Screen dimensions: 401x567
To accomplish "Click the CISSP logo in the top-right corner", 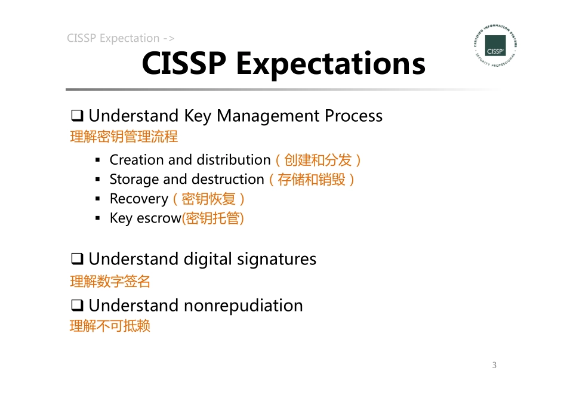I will coord(495,46).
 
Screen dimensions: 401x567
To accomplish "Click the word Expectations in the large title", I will coord(331,64).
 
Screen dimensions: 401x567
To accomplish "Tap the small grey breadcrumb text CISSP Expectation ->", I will coord(121,38).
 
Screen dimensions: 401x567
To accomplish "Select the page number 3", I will coord(494,365).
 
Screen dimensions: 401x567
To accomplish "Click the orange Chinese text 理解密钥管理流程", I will coord(124,137).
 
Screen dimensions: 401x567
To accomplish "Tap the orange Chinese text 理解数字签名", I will coord(110,281).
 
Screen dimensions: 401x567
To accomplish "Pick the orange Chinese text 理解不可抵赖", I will coord(110,326).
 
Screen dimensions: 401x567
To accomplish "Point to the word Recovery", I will coord(138,199).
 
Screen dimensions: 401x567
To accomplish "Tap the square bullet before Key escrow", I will coord(98,218).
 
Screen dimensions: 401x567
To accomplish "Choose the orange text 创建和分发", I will coord(318,160).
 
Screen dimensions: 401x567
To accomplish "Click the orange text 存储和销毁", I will coord(312,180).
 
